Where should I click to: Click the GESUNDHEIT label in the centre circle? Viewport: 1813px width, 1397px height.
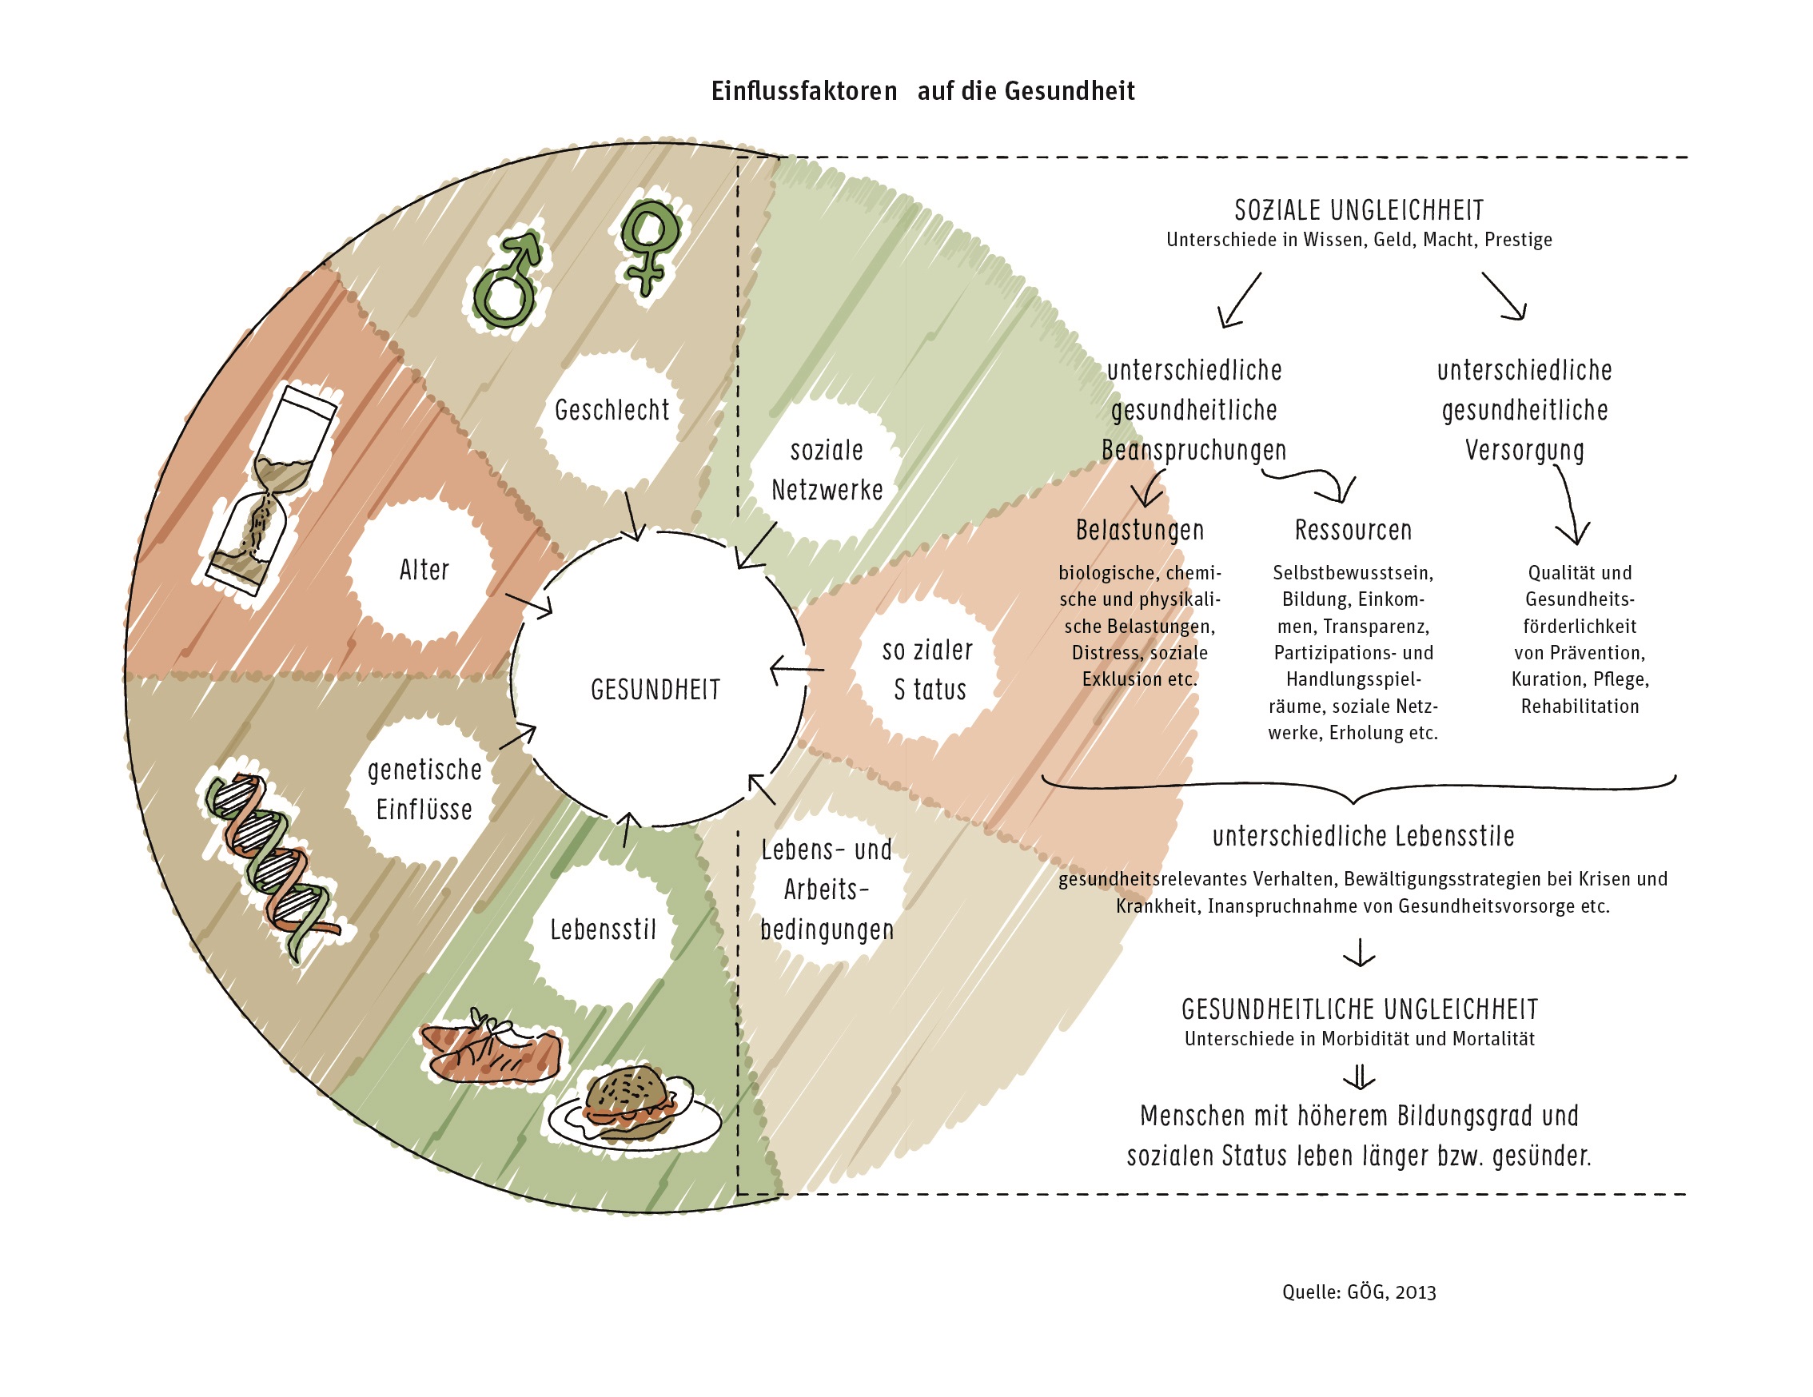655,690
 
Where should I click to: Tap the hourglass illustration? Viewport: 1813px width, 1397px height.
270,490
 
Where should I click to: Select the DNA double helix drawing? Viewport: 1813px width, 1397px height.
270,863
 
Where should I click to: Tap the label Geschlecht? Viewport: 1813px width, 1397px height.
612,410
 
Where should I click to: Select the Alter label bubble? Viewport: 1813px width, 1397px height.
424,571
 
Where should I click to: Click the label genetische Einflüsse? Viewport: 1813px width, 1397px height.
424,790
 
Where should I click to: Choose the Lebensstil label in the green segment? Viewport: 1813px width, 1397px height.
604,929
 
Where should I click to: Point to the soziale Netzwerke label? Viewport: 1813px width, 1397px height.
827,471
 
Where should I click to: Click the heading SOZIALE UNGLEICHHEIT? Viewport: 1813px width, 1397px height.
1359,210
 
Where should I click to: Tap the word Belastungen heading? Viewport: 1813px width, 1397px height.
1140,530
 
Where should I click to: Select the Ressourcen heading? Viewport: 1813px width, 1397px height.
1353,530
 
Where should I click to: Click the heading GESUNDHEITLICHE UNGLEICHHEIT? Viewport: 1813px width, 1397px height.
1359,1009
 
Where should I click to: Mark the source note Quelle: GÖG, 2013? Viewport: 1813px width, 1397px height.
1359,1292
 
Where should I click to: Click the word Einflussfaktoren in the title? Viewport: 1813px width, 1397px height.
803,90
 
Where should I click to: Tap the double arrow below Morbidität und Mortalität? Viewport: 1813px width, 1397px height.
1359,1077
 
